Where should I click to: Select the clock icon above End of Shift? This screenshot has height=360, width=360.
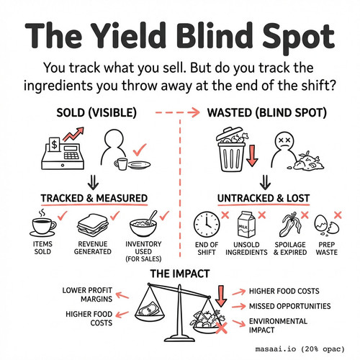[x=207, y=225]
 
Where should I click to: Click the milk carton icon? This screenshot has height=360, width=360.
[x=246, y=225]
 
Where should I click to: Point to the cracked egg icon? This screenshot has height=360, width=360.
[x=327, y=225]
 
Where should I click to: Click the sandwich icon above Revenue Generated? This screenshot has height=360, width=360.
[x=93, y=225]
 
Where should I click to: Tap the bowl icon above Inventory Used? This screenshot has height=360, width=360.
[x=143, y=224]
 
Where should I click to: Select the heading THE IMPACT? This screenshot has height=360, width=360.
[x=180, y=274]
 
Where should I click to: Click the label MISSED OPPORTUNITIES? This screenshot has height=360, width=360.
[x=289, y=306]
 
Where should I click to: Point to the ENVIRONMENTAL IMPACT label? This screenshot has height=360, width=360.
[x=278, y=325]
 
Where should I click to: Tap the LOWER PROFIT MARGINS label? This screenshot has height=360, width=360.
[x=87, y=294]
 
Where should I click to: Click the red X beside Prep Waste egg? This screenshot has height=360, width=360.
[x=338, y=215]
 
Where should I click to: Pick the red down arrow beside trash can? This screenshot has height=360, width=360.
[x=252, y=156]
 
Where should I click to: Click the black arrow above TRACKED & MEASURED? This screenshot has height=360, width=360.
[x=93, y=182]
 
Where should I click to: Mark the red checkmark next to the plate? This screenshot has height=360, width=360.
[x=140, y=150]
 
